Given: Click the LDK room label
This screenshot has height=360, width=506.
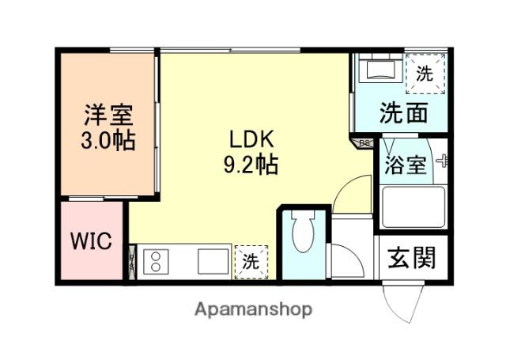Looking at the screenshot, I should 251,140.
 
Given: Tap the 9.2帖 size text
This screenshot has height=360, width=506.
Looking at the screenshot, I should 251,166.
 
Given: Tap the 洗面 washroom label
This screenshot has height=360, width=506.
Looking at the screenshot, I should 403,113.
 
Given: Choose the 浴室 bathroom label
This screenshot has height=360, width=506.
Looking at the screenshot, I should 406,165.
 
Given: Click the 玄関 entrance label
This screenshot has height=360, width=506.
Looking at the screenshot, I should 411,258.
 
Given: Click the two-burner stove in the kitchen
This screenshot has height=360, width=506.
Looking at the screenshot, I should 156,261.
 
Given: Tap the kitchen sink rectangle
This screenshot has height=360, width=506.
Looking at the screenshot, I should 212,261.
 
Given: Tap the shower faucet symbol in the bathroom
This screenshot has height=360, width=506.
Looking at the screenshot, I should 441,163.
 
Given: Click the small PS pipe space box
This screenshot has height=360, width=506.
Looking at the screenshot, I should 365,143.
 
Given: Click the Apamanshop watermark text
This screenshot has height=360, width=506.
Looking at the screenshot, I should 253,309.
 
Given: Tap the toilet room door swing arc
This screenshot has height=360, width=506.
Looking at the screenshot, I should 348,194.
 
